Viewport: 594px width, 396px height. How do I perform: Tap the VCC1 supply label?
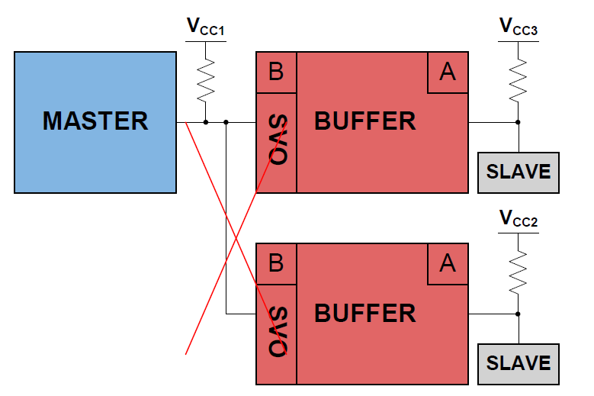coord(206,28)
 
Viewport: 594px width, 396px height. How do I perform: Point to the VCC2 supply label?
coord(519,220)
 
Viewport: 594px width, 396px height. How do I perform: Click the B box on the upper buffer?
coord(276,72)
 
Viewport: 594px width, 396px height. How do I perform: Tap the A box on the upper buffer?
coord(448,72)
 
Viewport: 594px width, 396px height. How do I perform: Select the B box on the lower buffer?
coord(276,263)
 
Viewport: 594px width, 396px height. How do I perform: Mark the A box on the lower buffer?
coord(448,264)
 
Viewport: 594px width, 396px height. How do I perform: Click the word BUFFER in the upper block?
coord(365,121)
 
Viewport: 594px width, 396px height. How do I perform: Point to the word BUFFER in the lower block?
coord(365,313)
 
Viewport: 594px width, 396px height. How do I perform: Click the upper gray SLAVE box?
coord(519,172)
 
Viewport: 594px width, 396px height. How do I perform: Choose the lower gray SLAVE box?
coord(519,363)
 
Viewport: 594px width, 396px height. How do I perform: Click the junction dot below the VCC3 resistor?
coord(519,122)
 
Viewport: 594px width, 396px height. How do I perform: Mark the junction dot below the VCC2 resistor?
coord(519,314)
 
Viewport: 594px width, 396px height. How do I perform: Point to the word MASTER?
coord(95,121)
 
